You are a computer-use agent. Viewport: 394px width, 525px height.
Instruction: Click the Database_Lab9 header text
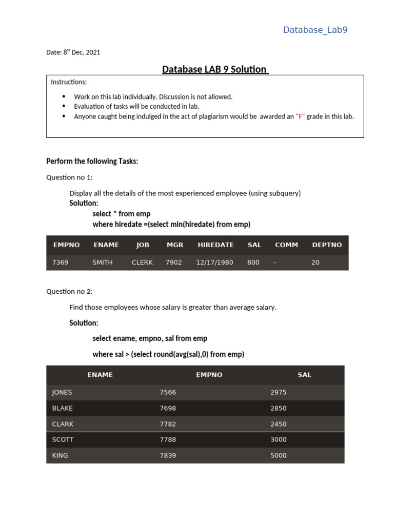point(315,30)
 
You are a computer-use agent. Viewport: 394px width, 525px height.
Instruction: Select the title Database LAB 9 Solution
point(215,69)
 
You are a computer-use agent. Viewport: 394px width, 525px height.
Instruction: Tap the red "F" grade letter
point(300,116)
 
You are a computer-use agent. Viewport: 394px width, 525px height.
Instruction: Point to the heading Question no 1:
point(69,177)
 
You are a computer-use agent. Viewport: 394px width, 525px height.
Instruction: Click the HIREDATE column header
point(215,245)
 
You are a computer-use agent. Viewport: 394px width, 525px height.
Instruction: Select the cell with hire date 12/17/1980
point(214,262)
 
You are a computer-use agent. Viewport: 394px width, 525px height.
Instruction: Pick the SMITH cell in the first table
point(102,262)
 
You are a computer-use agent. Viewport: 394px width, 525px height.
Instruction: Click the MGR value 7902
point(173,262)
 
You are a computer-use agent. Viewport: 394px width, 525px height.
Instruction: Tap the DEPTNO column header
point(327,245)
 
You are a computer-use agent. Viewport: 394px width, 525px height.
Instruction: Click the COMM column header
point(286,245)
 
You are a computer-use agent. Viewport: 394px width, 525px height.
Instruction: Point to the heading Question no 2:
point(69,291)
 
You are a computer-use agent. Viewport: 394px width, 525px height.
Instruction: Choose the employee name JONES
point(62,392)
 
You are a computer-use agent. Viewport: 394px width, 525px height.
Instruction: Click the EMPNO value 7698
point(168,408)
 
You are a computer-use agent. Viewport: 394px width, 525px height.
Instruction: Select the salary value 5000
point(278,455)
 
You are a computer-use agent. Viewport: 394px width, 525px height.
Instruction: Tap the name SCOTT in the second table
point(63,439)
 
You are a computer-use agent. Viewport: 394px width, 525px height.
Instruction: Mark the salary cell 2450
point(278,424)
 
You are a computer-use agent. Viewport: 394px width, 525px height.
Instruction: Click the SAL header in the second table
point(304,375)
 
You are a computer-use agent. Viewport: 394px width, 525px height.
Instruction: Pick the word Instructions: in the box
point(69,82)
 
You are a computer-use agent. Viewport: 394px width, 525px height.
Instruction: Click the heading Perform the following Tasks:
point(92,161)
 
